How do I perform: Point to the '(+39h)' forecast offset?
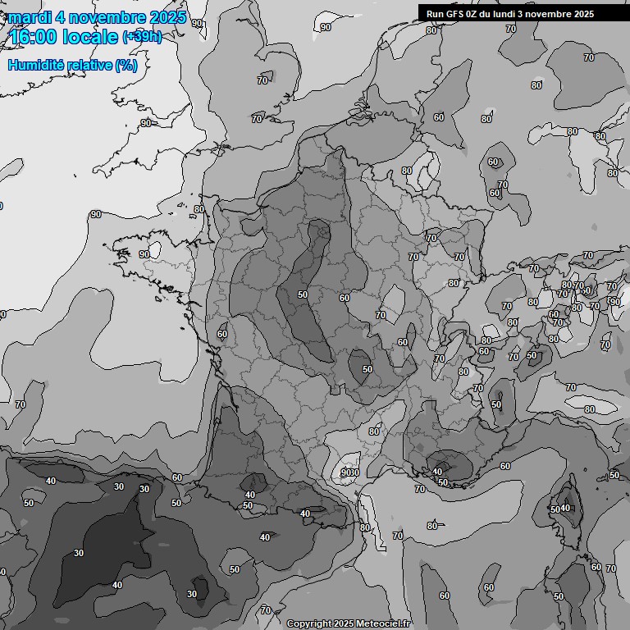coord(142,37)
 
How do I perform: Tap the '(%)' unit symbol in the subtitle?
coord(126,65)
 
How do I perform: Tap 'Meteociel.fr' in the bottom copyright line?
coord(382,623)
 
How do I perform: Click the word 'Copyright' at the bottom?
coord(308,623)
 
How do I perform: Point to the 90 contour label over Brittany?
coord(144,254)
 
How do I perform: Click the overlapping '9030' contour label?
coord(350,472)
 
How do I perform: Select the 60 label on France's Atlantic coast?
coord(222,335)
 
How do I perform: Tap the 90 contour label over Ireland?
coord(146,123)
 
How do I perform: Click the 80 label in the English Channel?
coord(199,210)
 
